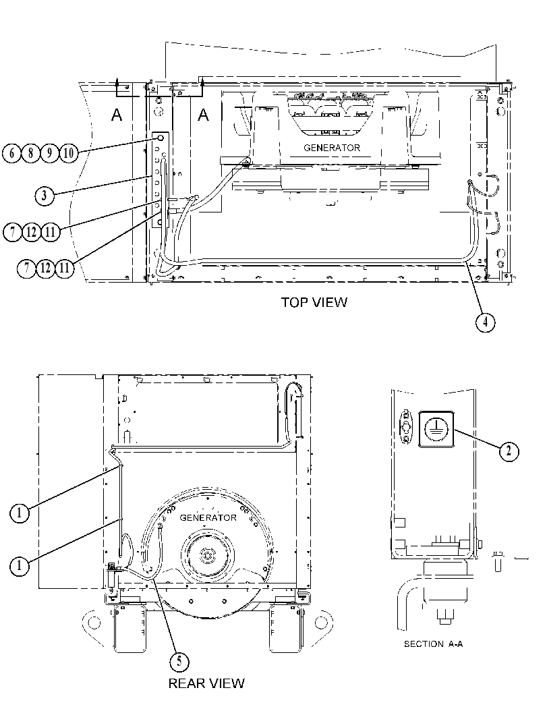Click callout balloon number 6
click(x=12, y=152)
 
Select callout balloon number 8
click(x=30, y=152)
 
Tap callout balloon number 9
click(x=49, y=152)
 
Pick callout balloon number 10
click(x=68, y=152)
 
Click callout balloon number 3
click(x=44, y=196)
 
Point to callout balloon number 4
click(x=485, y=322)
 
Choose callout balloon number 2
click(x=509, y=451)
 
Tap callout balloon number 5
click(x=179, y=661)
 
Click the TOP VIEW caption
click(x=314, y=302)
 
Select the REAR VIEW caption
click(x=206, y=683)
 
